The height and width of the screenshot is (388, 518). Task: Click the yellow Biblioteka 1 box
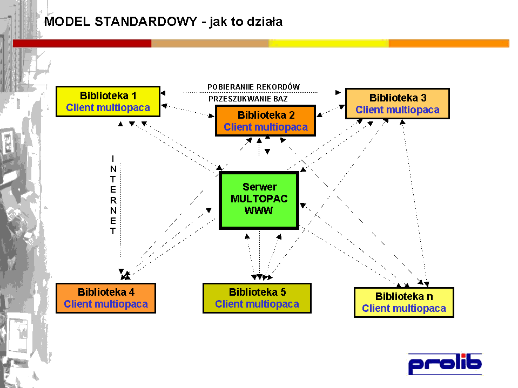point(108,101)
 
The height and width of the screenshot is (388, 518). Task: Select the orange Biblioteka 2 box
point(265,121)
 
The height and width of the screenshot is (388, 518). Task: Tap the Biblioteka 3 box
point(397,104)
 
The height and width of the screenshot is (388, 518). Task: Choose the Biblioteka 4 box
point(106,298)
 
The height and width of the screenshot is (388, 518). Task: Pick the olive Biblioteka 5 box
point(257,298)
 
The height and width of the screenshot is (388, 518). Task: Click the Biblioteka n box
point(403,302)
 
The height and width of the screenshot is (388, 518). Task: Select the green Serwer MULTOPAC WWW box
point(259,200)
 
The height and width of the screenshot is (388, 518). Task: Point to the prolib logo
point(445,364)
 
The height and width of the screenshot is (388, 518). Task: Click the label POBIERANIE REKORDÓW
point(253,87)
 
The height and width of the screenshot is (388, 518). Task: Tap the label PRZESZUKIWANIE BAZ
point(248,99)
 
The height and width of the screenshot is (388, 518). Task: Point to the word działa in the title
point(265,22)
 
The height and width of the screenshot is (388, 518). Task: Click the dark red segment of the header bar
point(82,43)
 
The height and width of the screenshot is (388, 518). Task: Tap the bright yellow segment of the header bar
point(328,43)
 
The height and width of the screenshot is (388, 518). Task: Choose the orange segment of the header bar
point(449,43)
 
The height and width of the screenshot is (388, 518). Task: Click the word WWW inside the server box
point(259,210)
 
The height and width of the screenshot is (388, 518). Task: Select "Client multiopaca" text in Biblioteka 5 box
point(257,304)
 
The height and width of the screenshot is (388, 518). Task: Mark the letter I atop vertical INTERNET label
point(113,158)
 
